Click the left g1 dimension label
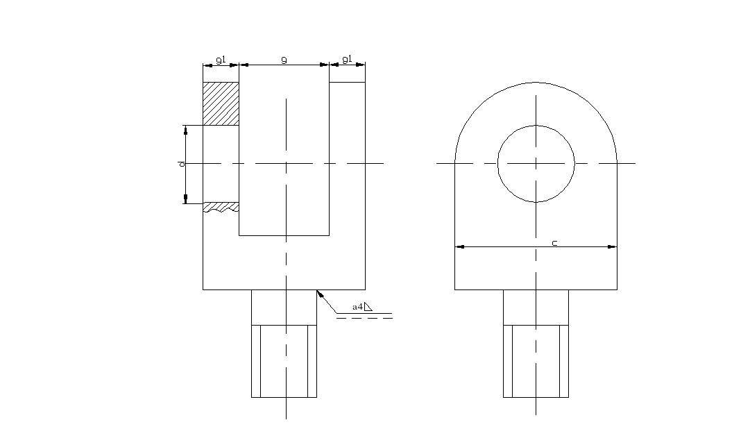221,60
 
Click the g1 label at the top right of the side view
347,60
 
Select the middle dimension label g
284,60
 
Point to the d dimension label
180,164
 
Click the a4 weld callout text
358,306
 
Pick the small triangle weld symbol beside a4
369,306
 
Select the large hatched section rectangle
221,104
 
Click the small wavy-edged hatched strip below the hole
221,207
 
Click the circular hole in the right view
536,164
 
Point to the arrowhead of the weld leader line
319,294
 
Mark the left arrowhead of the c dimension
459,246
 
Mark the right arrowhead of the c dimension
613,246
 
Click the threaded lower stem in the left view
284,361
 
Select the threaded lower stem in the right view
536,361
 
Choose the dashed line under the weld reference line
365,318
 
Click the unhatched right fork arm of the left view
347,174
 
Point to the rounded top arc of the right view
536,83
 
